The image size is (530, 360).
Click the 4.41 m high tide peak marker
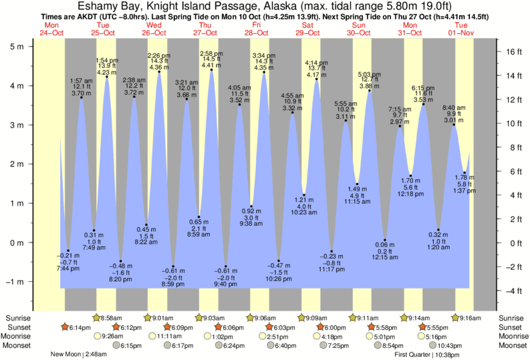click(x=212, y=69)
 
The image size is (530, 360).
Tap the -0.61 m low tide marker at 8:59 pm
click(x=174, y=266)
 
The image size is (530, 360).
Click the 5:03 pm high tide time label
click(x=370, y=74)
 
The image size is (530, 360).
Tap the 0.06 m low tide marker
click(x=385, y=240)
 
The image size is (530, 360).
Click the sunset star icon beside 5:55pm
click(x=422, y=327)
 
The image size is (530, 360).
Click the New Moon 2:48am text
click(x=75, y=355)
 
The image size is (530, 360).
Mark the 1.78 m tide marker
click(x=465, y=173)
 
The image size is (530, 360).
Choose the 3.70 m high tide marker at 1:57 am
click(x=82, y=98)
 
